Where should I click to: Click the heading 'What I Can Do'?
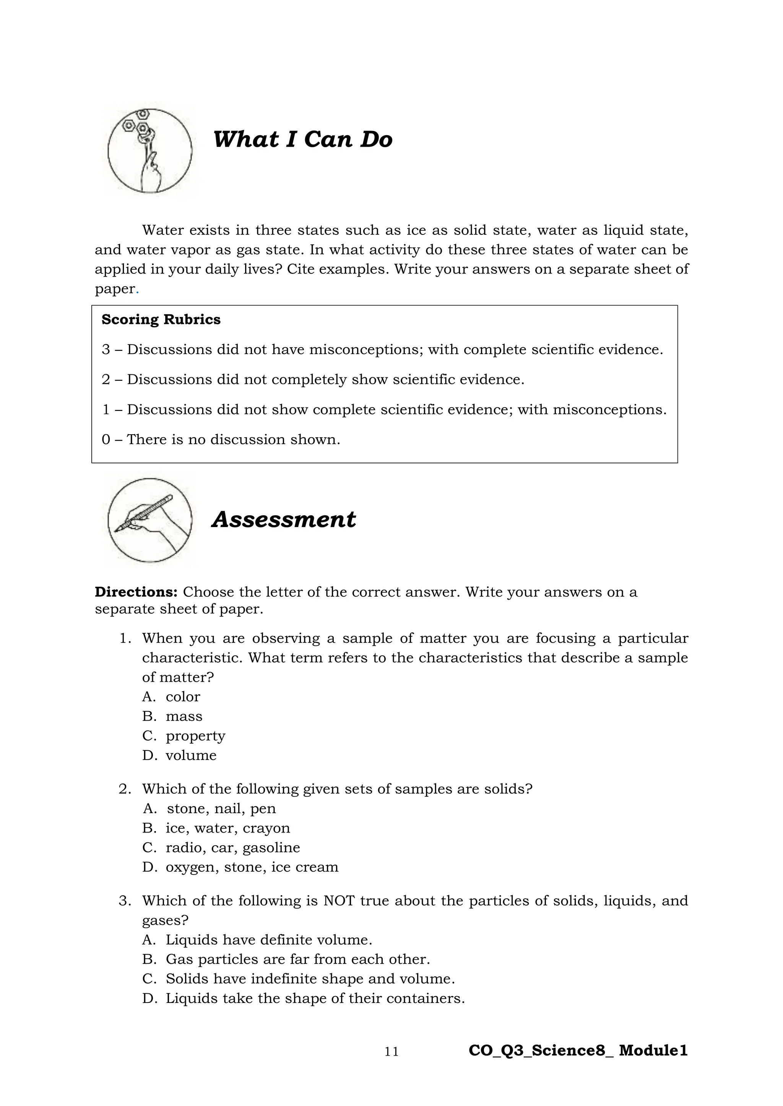(x=302, y=140)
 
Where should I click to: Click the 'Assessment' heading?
(x=284, y=520)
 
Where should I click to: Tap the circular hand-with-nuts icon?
(x=149, y=150)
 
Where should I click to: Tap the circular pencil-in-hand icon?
(x=149, y=520)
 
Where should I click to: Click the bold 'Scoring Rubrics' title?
(x=161, y=320)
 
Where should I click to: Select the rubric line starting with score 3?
(x=382, y=350)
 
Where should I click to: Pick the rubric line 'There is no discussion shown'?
(x=221, y=440)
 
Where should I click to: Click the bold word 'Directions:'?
(x=136, y=592)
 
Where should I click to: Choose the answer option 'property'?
(x=195, y=736)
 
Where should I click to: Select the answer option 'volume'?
(x=191, y=755)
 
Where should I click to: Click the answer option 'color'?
(x=183, y=697)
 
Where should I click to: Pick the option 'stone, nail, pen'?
(x=221, y=809)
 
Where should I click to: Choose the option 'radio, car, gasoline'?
(x=232, y=847)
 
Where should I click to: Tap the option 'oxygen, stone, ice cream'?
(x=252, y=867)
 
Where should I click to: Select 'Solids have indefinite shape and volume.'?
(x=310, y=979)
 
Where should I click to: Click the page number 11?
(x=391, y=1051)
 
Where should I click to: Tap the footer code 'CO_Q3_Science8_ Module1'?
(x=578, y=1051)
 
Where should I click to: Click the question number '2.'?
(x=125, y=789)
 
